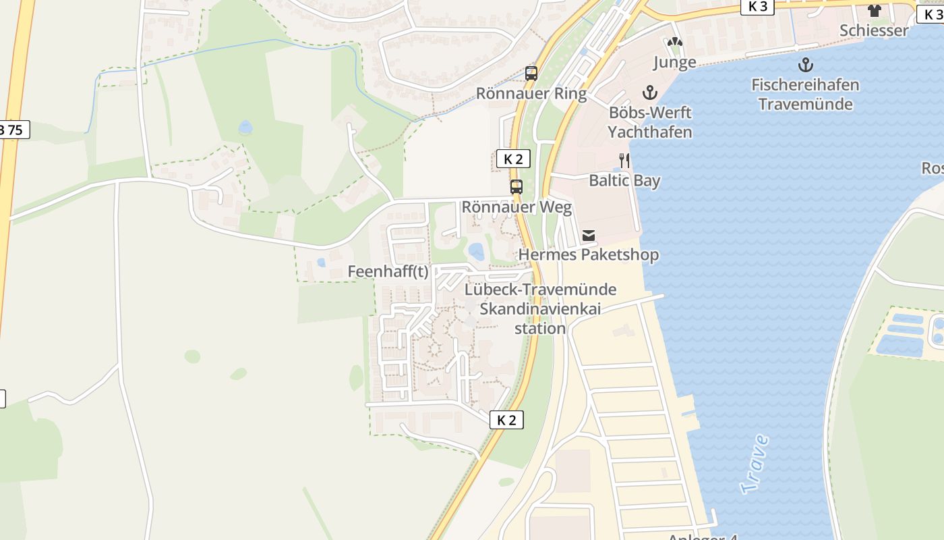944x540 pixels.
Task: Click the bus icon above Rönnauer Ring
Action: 531,74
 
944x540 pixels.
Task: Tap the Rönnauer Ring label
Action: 531,93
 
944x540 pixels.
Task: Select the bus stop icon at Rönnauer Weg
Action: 517,187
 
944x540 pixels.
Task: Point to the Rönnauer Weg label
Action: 517,207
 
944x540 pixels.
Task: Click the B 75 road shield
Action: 13,130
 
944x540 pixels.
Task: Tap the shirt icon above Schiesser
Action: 875,10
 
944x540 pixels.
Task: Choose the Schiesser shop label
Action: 875,30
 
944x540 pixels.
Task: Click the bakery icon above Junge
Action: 674,42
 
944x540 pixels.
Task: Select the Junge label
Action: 674,63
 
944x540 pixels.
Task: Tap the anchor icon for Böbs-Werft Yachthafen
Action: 650,92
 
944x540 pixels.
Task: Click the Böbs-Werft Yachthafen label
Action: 650,122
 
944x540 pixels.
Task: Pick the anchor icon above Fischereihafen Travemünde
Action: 805,65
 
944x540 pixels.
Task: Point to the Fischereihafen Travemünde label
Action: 805,94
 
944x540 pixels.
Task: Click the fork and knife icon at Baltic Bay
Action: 624,161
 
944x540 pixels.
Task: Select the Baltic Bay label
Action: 624,180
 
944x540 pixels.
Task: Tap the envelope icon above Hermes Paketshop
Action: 589,235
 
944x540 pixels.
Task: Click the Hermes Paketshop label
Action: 589,254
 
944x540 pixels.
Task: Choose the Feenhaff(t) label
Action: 388,271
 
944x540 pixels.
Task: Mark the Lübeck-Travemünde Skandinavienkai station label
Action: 541,309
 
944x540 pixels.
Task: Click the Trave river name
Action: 755,464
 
